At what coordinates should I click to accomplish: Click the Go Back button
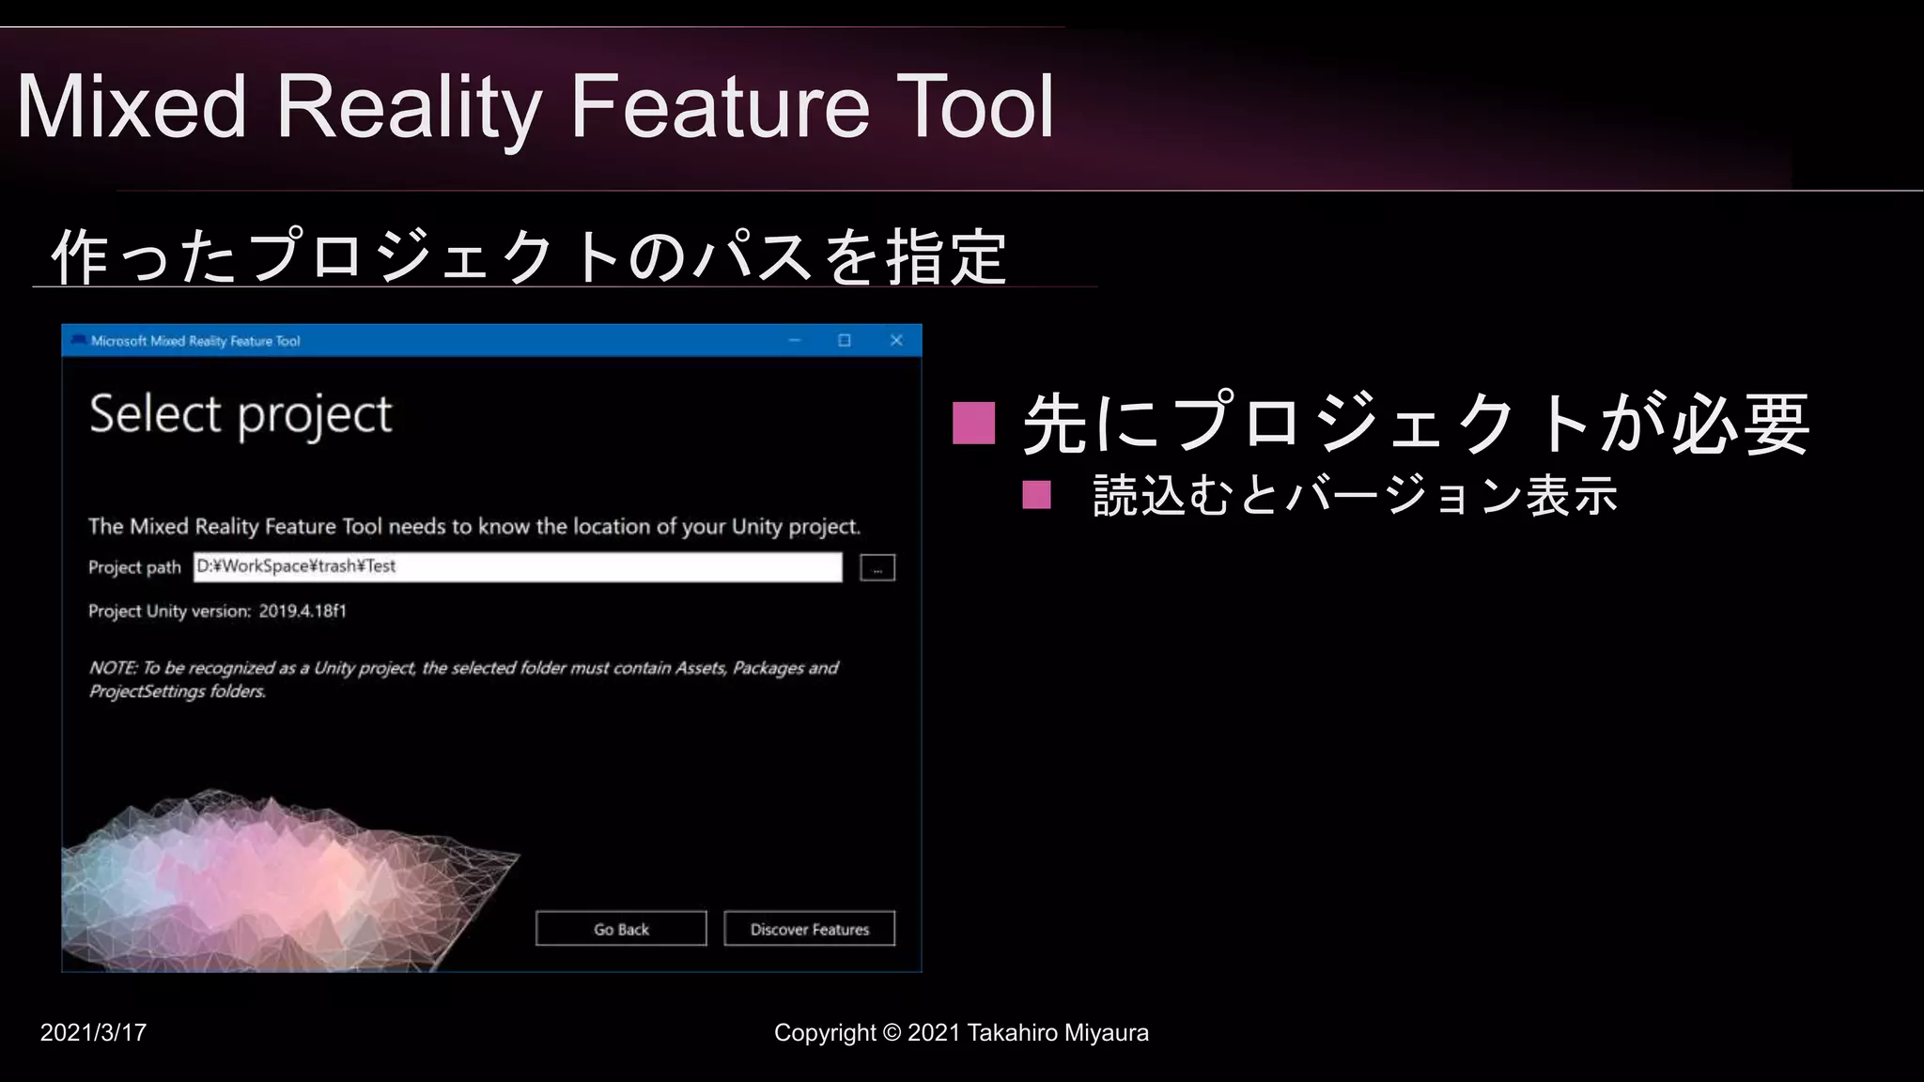tap(621, 929)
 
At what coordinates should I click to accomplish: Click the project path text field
tap(518, 566)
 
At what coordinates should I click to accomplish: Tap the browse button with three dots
tap(877, 568)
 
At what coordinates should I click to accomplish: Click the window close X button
tap(896, 340)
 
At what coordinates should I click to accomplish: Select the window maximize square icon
tap(845, 340)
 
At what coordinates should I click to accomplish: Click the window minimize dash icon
tap(795, 340)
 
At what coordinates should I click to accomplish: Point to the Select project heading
tap(240, 414)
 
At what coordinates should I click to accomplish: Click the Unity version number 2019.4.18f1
tap(303, 611)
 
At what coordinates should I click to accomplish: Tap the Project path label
tap(134, 567)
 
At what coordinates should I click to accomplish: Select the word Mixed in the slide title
tap(132, 107)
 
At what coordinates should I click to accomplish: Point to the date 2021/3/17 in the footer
tap(93, 1032)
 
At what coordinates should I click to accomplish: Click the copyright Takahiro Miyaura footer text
tap(961, 1032)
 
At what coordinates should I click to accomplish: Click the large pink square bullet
tap(973, 423)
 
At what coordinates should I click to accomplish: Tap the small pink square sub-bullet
tap(1036, 494)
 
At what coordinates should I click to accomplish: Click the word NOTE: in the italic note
tap(113, 668)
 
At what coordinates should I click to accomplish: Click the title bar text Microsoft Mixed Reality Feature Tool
tap(195, 341)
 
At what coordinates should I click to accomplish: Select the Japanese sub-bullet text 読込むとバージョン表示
tap(1355, 495)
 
